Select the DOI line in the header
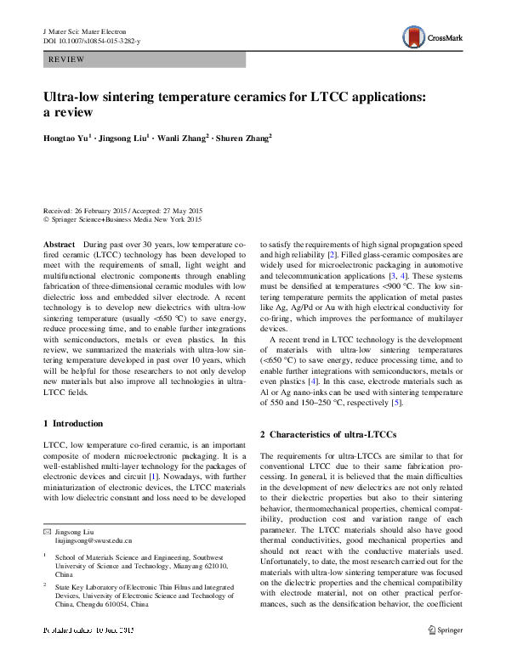click(x=91, y=40)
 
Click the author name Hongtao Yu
click(x=65, y=138)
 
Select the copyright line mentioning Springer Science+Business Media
click(x=122, y=219)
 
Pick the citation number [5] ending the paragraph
click(x=395, y=402)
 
